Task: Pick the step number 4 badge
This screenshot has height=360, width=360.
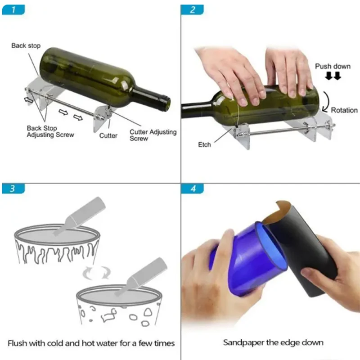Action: coord(193,188)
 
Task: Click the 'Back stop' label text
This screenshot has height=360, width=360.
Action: coord(26,45)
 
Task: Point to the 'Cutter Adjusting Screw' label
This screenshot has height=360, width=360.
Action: coord(153,135)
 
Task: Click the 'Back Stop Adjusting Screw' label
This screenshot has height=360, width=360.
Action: coord(50,131)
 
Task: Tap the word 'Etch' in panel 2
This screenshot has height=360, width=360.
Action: coord(205,144)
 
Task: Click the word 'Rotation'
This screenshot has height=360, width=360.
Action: coord(344,110)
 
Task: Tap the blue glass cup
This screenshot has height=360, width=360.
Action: coord(243,259)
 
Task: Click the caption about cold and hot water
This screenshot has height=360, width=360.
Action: coord(90,343)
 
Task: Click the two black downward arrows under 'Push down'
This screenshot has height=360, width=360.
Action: coord(333,76)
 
